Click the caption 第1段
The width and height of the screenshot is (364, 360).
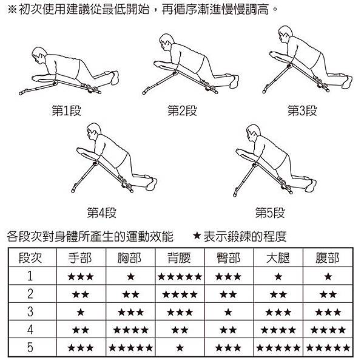click(x=66, y=110)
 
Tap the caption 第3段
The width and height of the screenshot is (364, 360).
click(x=302, y=110)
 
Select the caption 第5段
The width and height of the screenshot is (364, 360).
click(x=270, y=212)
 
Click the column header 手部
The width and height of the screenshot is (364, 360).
click(x=80, y=258)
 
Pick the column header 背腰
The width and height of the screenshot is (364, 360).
click(x=179, y=258)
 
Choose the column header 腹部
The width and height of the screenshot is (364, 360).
click(x=328, y=258)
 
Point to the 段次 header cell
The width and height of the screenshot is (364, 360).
click(x=30, y=258)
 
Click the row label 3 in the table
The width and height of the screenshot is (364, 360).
click(x=30, y=311)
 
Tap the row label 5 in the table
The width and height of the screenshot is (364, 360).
click(x=30, y=347)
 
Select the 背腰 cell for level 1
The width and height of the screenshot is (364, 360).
click(x=180, y=277)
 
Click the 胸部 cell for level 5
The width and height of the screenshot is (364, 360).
click(x=130, y=348)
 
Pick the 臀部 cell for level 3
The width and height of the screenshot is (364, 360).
click(x=228, y=312)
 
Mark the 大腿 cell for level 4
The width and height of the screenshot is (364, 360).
click(x=278, y=330)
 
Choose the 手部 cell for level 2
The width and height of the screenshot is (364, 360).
click(x=81, y=294)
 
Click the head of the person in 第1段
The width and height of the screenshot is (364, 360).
click(x=38, y=55)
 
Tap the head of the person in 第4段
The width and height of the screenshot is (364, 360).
click(x=94, y=131)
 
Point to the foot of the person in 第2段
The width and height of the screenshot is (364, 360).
click(x=234, y=81)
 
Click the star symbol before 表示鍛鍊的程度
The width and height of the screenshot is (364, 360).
click(x=197, y=236)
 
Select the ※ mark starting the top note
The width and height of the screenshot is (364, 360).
click(x=12, y=10)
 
